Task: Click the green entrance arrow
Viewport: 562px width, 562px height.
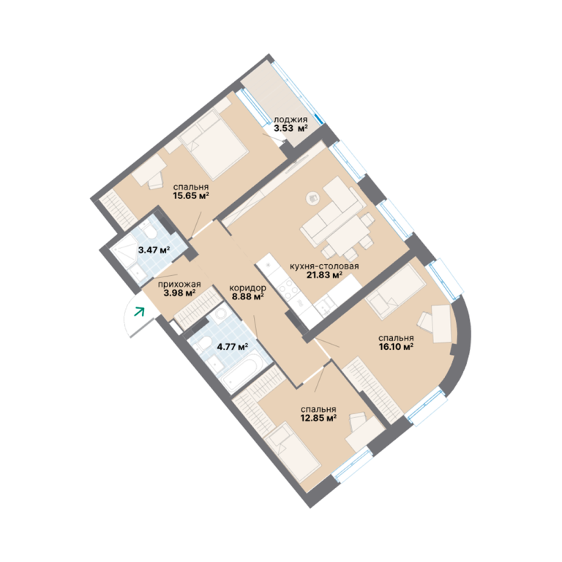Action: [139, 312]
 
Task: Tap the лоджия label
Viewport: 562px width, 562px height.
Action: [291, 120]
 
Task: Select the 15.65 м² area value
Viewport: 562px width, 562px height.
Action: [191, 195]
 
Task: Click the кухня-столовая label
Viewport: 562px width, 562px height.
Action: [324, 266]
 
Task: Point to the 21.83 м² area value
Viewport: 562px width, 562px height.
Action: [324, 275]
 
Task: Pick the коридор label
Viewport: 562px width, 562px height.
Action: [247, 288]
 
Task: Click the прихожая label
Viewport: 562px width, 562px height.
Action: [179, 284]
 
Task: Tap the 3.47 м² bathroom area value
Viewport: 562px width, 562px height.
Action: [154, 250]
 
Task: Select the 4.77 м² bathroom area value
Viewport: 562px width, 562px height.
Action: [233, 347]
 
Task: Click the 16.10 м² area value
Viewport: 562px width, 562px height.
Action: [396, 347]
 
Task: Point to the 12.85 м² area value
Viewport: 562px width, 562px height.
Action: [318, 418]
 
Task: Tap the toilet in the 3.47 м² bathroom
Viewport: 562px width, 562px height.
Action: [149, 231]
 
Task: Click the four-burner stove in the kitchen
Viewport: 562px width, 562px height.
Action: [287, 288]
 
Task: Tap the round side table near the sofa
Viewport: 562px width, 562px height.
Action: [313, 198]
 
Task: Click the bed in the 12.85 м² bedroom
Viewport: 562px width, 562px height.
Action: [292, 452]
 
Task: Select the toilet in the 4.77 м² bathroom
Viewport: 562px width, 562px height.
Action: [205, 343]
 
